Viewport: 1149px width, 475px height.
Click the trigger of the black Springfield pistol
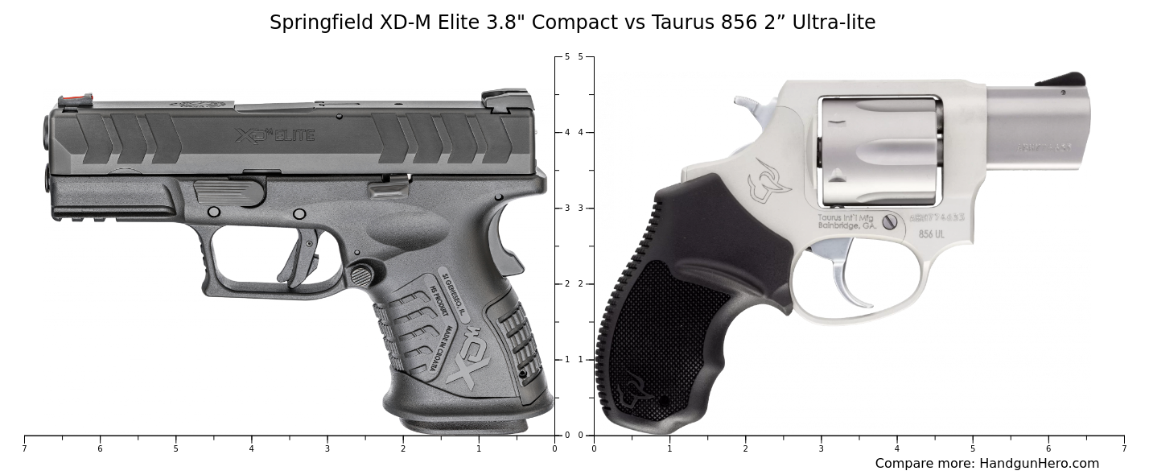tap(303, 254)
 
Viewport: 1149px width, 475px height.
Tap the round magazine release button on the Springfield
tap(361, 275)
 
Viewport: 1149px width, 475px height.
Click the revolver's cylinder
tap(879, 151)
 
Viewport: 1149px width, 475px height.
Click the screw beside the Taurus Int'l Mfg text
tap(889, 222)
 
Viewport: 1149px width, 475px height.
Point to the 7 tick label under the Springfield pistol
tap(24, 448)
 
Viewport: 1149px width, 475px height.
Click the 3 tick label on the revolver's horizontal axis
tap(821, 448)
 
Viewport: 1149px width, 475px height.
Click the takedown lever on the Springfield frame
tap(230, 192)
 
